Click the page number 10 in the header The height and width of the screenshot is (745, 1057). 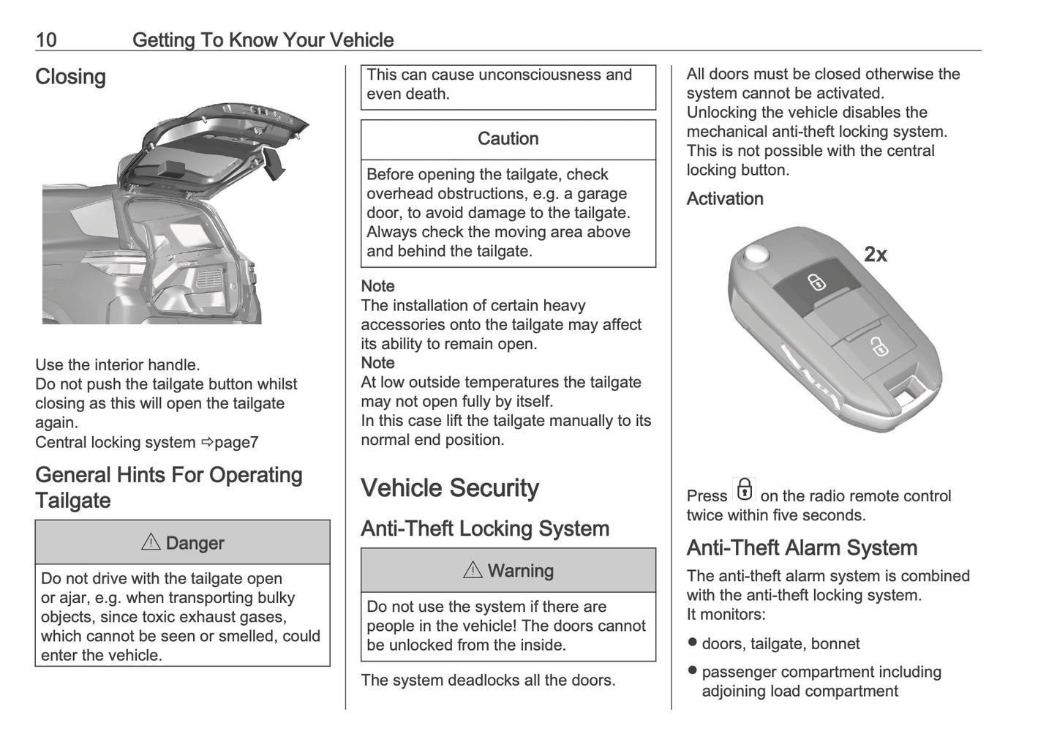45,40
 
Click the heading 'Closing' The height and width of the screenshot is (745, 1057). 70,77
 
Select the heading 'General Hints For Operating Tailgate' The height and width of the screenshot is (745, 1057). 168,487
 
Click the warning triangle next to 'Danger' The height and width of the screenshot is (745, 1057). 150,542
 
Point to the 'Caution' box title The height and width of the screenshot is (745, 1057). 508,139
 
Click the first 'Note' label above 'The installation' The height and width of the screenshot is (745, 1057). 377,286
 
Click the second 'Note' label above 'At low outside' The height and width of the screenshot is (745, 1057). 377,363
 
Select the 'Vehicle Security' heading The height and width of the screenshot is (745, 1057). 449,488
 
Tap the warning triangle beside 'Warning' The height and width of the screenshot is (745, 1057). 473,570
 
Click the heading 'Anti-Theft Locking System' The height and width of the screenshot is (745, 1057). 484,528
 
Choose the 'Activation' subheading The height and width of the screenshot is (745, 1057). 724,199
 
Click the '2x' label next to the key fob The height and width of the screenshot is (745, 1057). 875,255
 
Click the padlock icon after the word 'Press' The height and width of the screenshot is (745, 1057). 744,490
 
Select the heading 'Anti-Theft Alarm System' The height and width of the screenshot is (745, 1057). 802,548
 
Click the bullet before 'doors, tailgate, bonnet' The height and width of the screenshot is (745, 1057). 692,643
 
